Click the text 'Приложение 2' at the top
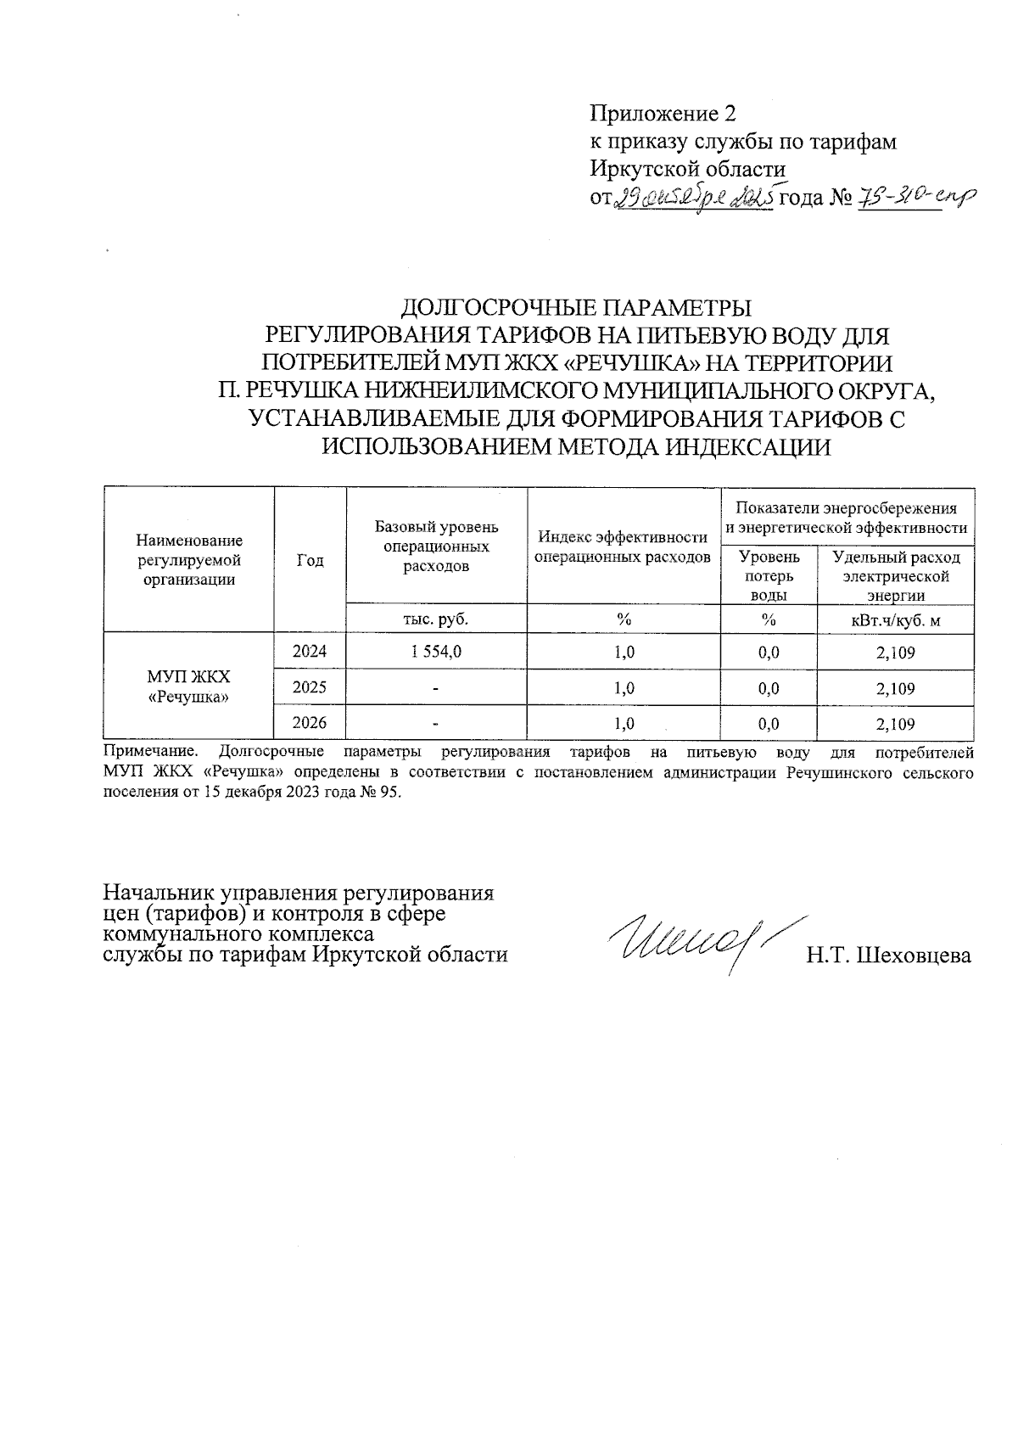[x=663, y=114]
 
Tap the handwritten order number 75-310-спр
[x=917, y=197]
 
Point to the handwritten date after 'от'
[x=693, y=199]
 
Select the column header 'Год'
[x=310, y=560]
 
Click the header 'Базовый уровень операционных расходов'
[x=436, y=546]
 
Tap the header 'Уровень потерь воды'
[x=769, y=575]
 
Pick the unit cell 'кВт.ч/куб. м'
[x=895, y=619]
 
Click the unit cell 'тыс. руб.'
[x=436, y=619]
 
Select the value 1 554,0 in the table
[x=436, y=652]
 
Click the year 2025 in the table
[x=310, y=687]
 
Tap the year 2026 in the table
[x=310, y=723]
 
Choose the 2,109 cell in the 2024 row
[x=895, y=652]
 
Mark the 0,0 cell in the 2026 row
[x=769, y=724]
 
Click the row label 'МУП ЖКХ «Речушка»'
[x=188, y=686]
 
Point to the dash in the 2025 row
[x=435, y=689]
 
